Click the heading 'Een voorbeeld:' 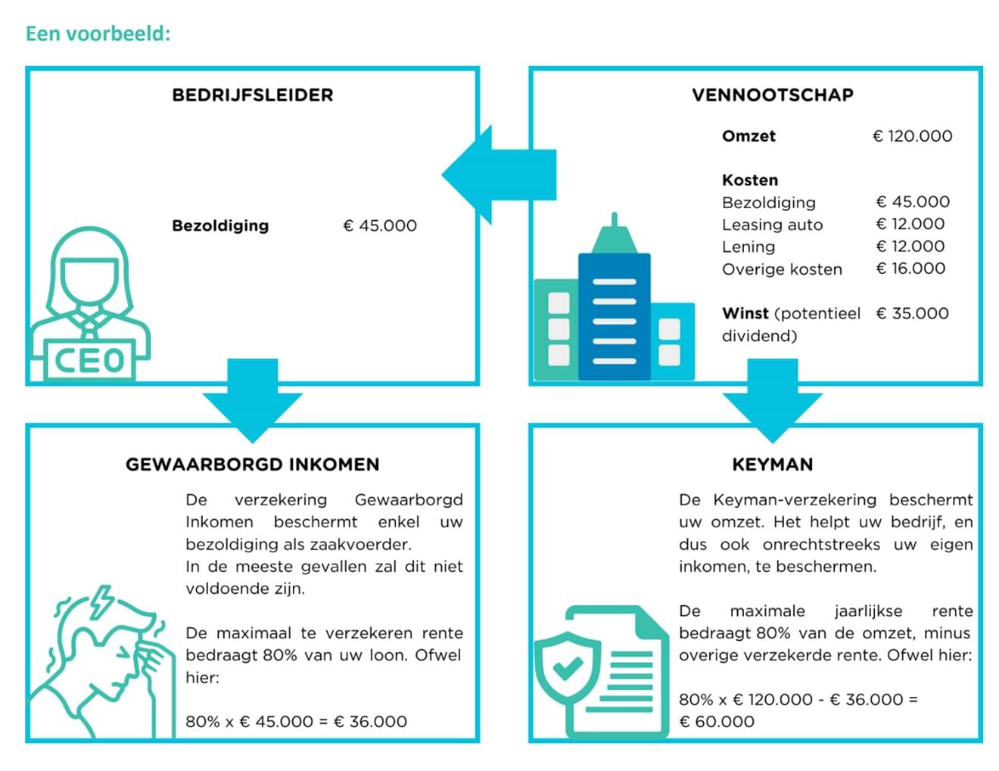98,34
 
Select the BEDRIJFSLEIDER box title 253,95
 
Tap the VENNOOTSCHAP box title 772,95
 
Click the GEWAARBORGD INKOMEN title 253,465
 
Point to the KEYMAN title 772,465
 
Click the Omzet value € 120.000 912,136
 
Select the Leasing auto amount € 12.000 910,224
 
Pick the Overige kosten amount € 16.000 910,269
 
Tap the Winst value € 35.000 912,313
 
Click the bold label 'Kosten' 749,180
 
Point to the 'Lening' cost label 748,247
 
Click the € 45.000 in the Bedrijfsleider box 380,225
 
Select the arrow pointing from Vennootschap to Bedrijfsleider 496,175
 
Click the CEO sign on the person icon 90,360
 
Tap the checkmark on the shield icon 567,667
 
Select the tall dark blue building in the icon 614,314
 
